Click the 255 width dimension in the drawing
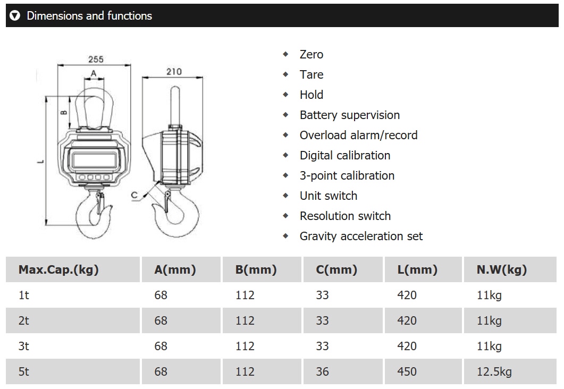tap(96, 60)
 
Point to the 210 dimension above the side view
tap(174, 72)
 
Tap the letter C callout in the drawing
tap(134, 195)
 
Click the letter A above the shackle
tap(94, 74)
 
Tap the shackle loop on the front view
tap(78, 108)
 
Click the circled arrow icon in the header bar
tap(15, 15)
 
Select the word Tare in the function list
tap(312, 74)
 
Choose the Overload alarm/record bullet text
tap(359, 135)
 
